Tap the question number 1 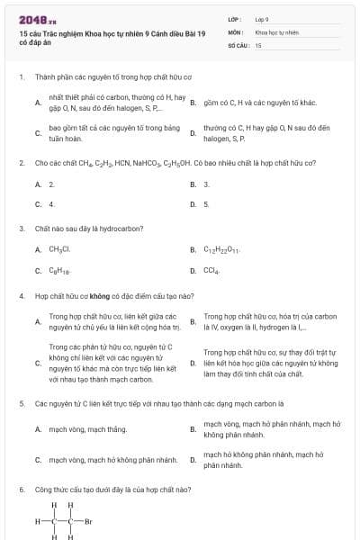21,77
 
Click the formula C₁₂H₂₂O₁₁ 221,249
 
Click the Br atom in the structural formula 88,521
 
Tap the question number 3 21,229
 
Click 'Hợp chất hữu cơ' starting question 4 55,295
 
